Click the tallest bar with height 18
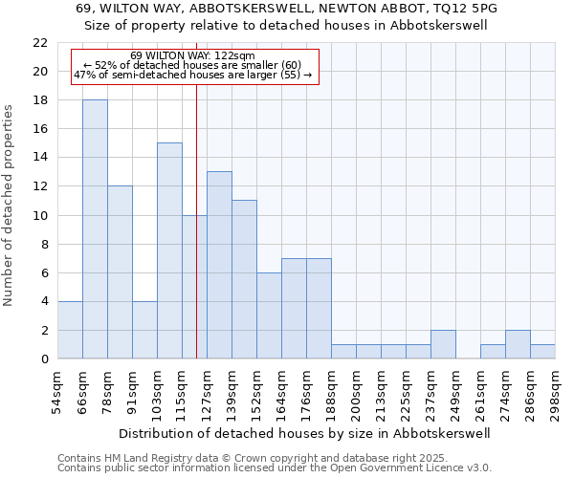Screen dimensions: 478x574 (95, 229)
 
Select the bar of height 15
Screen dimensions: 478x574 (169, 250)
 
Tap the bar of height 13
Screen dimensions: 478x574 (219, 265)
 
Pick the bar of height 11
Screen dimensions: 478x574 (244, 279)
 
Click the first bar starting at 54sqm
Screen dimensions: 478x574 (70, 330)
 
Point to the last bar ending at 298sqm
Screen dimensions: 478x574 (542, 351)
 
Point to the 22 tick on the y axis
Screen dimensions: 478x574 (40, 43)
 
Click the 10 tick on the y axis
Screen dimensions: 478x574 (40, 215)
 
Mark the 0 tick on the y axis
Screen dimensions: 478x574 (44, 359)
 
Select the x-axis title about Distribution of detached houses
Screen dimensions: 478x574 (305, 433)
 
